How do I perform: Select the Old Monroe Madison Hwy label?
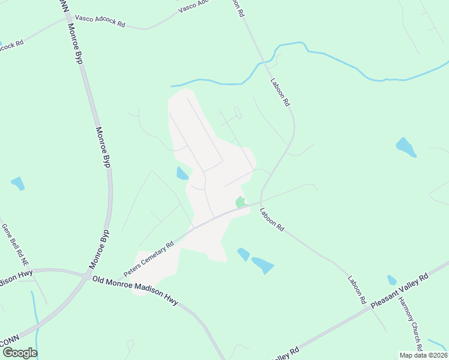135,292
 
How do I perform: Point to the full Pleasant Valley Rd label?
399,292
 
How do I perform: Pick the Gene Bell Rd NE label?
16,245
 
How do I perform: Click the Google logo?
19,352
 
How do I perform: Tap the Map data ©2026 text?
423,355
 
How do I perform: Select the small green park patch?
240,202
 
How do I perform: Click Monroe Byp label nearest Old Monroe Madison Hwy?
100,248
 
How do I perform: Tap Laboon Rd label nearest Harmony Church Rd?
357,290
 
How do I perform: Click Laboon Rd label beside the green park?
271,220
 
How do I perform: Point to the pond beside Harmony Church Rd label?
392,280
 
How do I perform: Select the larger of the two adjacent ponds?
262,265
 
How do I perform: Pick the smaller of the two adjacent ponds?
243,254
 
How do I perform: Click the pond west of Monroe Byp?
17,183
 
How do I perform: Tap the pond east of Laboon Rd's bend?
405,146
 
